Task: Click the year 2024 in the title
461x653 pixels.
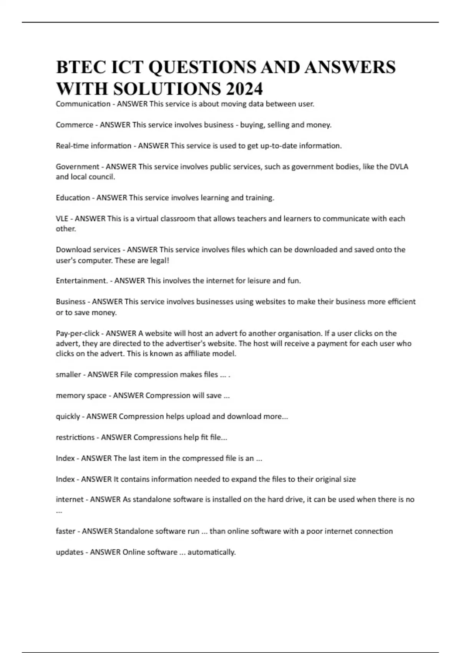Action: pos(244,89)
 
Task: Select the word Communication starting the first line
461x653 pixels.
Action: pos(83,104)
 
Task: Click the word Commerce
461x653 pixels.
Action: pos(75,125)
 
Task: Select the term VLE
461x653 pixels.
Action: pos(62,219)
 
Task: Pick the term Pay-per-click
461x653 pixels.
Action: pos(78,333)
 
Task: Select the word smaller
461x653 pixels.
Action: pos(68,375)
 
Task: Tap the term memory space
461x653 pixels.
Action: pos(81,396)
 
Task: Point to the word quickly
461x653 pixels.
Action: pos(68,416)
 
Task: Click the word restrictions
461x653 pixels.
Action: pos(75,438)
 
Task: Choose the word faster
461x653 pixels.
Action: pos(65,531)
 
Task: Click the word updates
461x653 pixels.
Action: pos(70,552)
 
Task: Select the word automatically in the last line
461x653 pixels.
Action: pos(211,552)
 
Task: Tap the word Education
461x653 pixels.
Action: pos(73,198)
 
